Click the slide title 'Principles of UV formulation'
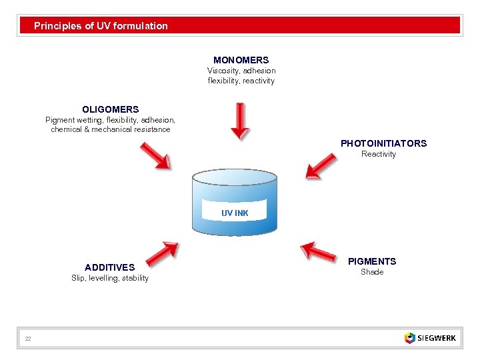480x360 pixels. pyautogui.click(x=101, y=26)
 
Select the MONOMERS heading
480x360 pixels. pyautogui.click(x=241, y=60)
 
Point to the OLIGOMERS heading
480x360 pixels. pyautogui.click(x=111, y=109)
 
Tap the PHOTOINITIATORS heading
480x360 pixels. pyautogui.click(x=383, y=143)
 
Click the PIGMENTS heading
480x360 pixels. pyautogui.click(x=372, y=261)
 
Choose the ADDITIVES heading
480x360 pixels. pyautogui.click(x=109, y=267)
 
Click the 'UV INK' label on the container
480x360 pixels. pyautogui.click(x=235, y=213)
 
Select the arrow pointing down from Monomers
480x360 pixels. pyautogui.click(x=239, y=121)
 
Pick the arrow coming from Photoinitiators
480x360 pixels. pyautogui.click(x=321, y=166)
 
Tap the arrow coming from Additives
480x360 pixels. pyautogui.click(x=161, y=254)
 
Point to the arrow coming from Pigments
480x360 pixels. pyautogui.click(x=318, y=251)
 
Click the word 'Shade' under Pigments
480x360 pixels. pyautogui.click(x=372, y=272)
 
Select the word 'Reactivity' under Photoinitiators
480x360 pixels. pyautogui.click(x=378, y=154)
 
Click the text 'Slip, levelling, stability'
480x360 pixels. pyautogui.click(x=110, y=278)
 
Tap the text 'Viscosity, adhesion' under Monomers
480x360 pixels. pyautogui.click(x=241, y=71)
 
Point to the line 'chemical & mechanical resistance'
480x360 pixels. pyautogui.click(x=111, y=129)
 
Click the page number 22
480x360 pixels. pyautogui.click(x=28, y=339)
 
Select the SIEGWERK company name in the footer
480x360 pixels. pyautogui.click(x=437, y=338)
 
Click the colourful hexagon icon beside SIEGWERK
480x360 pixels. pyautogui.click(x=409, y=338)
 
